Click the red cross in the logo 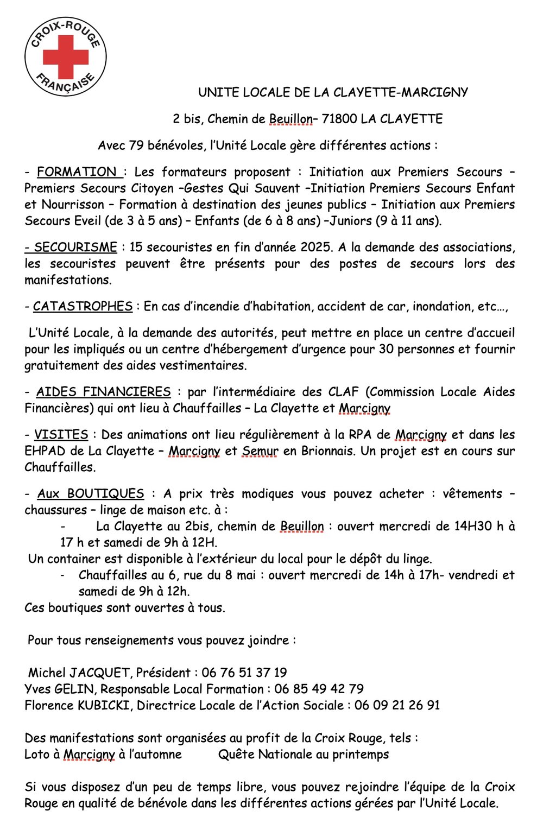click(65, 56)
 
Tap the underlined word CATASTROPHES click(83, 307)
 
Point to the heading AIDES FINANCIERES click(103, 392)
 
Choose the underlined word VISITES click(61, 435)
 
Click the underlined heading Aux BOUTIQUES click(91, 494)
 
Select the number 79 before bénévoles click(136, 145)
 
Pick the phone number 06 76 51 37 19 click(244, 673)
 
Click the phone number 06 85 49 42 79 click(319, 689)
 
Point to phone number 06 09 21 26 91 click(397, 706)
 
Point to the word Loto click(36, 755)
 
